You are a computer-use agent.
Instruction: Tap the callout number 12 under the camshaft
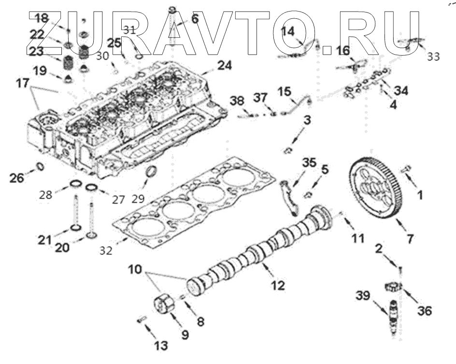[278, 285]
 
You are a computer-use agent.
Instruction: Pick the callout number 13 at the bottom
[160, 346]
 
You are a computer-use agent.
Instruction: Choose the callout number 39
[365, 295]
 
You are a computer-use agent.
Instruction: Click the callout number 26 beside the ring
[17, 178]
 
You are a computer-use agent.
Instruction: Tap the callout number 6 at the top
[195, 19]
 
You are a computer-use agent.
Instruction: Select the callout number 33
[433, 57]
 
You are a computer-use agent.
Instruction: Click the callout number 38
[237, 101]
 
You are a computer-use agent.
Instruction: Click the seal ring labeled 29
[152, 172]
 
